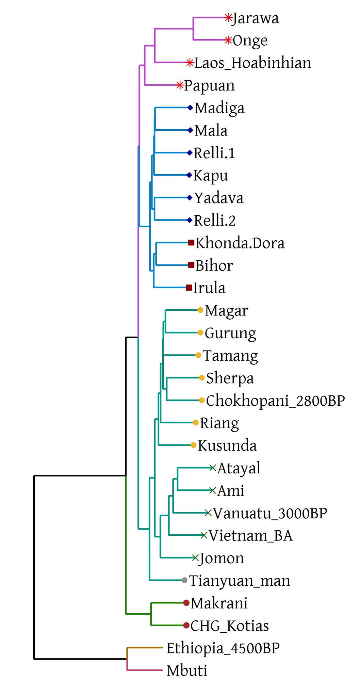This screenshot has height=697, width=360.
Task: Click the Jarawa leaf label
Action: (255, 18)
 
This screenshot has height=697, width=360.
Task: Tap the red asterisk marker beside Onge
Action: (229, 40)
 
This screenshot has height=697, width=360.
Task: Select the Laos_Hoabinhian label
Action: (252, 63)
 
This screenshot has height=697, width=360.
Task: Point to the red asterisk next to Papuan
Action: (180, 85)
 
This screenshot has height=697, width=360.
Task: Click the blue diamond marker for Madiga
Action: (190, 108)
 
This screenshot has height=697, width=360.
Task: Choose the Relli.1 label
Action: (214, 153)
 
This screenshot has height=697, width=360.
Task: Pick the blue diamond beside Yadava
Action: (190, 198)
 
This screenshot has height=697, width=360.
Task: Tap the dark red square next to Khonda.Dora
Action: (191, 243)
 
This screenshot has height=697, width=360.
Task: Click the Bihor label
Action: (214, 265)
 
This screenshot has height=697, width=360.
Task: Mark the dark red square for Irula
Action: (189, 288)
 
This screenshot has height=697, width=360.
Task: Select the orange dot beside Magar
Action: (200, 310)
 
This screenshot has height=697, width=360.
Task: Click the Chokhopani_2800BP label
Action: (275, 401)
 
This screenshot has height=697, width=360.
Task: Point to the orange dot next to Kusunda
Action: (193, 445)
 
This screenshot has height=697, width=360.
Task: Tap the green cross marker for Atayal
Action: (213, 468)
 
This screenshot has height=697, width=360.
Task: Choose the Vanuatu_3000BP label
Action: (270, 513)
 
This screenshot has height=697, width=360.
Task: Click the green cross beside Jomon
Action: (195, 558)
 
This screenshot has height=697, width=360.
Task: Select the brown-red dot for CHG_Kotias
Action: (186, 626)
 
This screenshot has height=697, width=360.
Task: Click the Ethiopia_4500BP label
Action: (223, 648)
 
